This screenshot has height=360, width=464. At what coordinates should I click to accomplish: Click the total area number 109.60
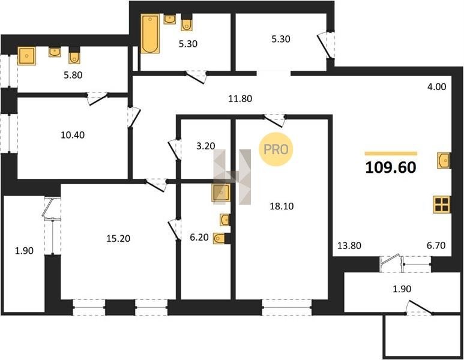pyautogui.click(x=391, y=167)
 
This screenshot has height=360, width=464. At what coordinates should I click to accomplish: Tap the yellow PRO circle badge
pyautogui.click(x=276, y=149)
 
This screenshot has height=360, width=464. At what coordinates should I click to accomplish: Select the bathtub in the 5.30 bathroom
pyautogui.click(x=150, y=34)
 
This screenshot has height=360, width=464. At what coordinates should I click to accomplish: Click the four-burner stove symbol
pyautogui.click(x=442, y=205)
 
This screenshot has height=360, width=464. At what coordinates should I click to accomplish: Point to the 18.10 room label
pyautogui.click(x=282, y=206)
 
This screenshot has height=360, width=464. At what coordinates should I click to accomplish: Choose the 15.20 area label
pyautogui.click(x=118, y=238)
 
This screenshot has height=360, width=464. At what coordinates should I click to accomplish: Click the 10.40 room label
pyautogui.click(x=73, y=135)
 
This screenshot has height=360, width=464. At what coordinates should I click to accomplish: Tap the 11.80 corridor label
pyautogui.click(x=240, y=98)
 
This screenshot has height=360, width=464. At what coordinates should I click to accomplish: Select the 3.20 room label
pyautogui.click(x=206, y=146)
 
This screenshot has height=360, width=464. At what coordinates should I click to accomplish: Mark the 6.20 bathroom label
pyautogui.click(x=199, y=237)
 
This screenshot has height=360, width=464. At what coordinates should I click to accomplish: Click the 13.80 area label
pyautogui.click(x=349, y=245)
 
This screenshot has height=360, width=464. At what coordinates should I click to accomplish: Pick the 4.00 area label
pyautogui.click(x=437, y=86)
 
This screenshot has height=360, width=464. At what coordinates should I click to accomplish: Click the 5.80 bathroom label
pyautogui.click(x=73, y=75)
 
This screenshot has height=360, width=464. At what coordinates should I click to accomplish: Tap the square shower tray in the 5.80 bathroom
pyautogui.click(x=26, y=56)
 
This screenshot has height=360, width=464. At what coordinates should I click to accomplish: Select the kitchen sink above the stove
pyautogui.click(x=444, y=161)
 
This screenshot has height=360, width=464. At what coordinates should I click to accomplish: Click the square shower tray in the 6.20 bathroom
pyautogui.click(x=221, y=193)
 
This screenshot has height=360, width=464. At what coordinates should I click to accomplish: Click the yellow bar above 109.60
pyautogui.click(x=391, y=153)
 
